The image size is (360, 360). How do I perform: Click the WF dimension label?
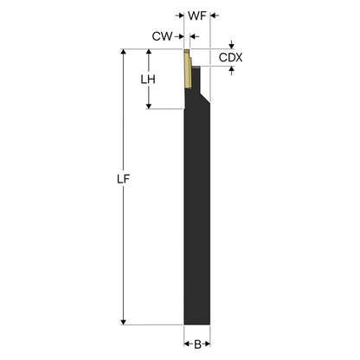pos(197,16)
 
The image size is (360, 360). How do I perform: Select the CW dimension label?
pos(162,36)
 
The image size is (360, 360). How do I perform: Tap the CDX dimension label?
pos(230,58)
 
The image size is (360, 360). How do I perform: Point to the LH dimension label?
pos(148,80)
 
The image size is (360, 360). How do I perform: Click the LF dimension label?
pos(123,179)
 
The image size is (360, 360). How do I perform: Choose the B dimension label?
pos(197,344)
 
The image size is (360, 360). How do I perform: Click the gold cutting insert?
pos(188,68)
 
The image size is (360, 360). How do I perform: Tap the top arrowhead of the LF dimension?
pos(124,52)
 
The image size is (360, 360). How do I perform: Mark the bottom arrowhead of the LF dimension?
pos(124,322)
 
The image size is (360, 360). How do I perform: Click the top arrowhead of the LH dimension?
pos(149,52)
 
